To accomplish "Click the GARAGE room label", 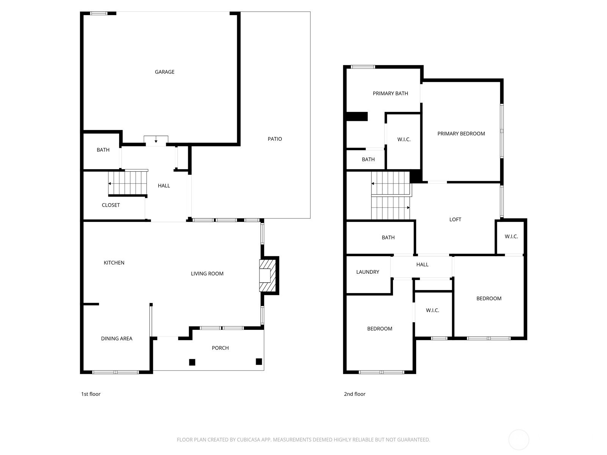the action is (x=165, y=72).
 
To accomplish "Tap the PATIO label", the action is (x=275, y=139).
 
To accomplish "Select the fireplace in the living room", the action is (x=267, y=275).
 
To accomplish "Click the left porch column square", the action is (x=192, y=362).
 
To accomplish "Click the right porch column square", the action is (x=259, y=361).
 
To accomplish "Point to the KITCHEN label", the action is (x=114, y=263).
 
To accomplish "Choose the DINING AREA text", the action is (x=117, y=339).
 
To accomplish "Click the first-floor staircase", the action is (x=128, y=183).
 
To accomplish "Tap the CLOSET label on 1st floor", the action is (x=111, y=205).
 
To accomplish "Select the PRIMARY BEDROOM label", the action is (x=461, y=134).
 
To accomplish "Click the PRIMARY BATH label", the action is (x=390, y=93).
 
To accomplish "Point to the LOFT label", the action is (x=455, y=220).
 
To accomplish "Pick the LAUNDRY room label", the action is (x=368, y=272).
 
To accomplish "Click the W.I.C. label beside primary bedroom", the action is (x=404, y=140).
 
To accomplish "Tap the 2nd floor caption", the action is (x=354, y=394).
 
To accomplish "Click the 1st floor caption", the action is (x=91, y=394).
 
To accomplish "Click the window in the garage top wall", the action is (x=99, y=13).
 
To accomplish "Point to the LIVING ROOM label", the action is (x=207, y=273).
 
